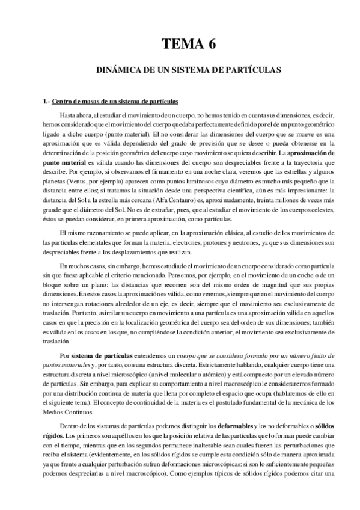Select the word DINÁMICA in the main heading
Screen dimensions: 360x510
pos(116,70)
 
